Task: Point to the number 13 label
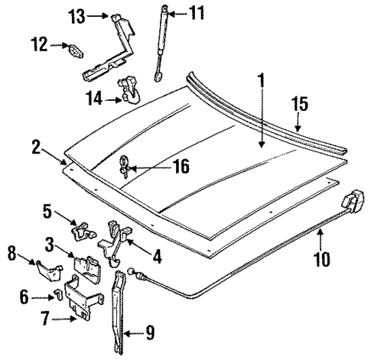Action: (x=75, y=15)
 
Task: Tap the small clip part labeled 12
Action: (x=74, y=52)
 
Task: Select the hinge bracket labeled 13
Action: (x=115, y=46)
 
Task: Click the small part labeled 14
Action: (x=129, y=90)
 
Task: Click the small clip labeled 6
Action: (x=57, y=296)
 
